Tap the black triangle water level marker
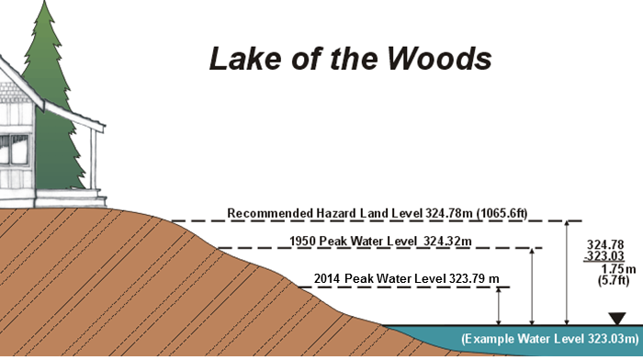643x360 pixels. pos(616,319)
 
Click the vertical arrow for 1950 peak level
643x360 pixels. pos(534,286)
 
